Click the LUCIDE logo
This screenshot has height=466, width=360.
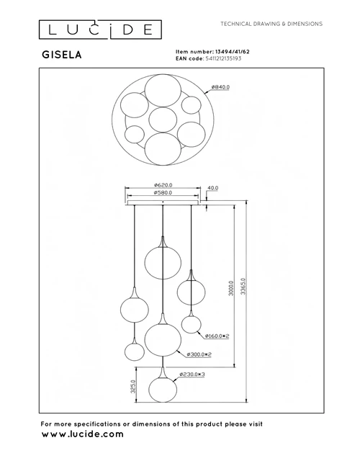tap(100, 30)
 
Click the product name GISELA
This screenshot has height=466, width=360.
tap(61, 55)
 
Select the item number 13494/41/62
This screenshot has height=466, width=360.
tap(233, 51)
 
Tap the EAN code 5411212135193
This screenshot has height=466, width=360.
tap(223, 58)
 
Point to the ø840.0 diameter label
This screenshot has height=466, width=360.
tap(220, 87)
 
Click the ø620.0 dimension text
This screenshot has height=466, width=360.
tap(163, 185)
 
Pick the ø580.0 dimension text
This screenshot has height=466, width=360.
tap(163, 192)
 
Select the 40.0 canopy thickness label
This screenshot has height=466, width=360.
tap(212, 188)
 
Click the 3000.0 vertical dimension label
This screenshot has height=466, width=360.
tap(231, 288)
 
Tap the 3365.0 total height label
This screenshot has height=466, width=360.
tap(243, 286)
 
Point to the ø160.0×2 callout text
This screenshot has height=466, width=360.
tap(217, 336)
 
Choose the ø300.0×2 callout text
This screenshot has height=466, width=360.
tap(199, 354)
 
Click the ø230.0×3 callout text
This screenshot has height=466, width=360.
tap(192, 375)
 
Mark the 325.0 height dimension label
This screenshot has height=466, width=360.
tap(133, 387)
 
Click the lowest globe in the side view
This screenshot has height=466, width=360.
tap(163, 390)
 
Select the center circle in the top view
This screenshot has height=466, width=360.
tap(163, 120)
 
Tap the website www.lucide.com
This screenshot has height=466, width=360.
tap(82, 434)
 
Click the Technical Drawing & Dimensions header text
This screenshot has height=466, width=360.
tap(271, 24)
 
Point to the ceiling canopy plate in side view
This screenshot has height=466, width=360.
tap(163, 202)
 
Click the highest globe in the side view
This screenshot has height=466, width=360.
tap(163, 261)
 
